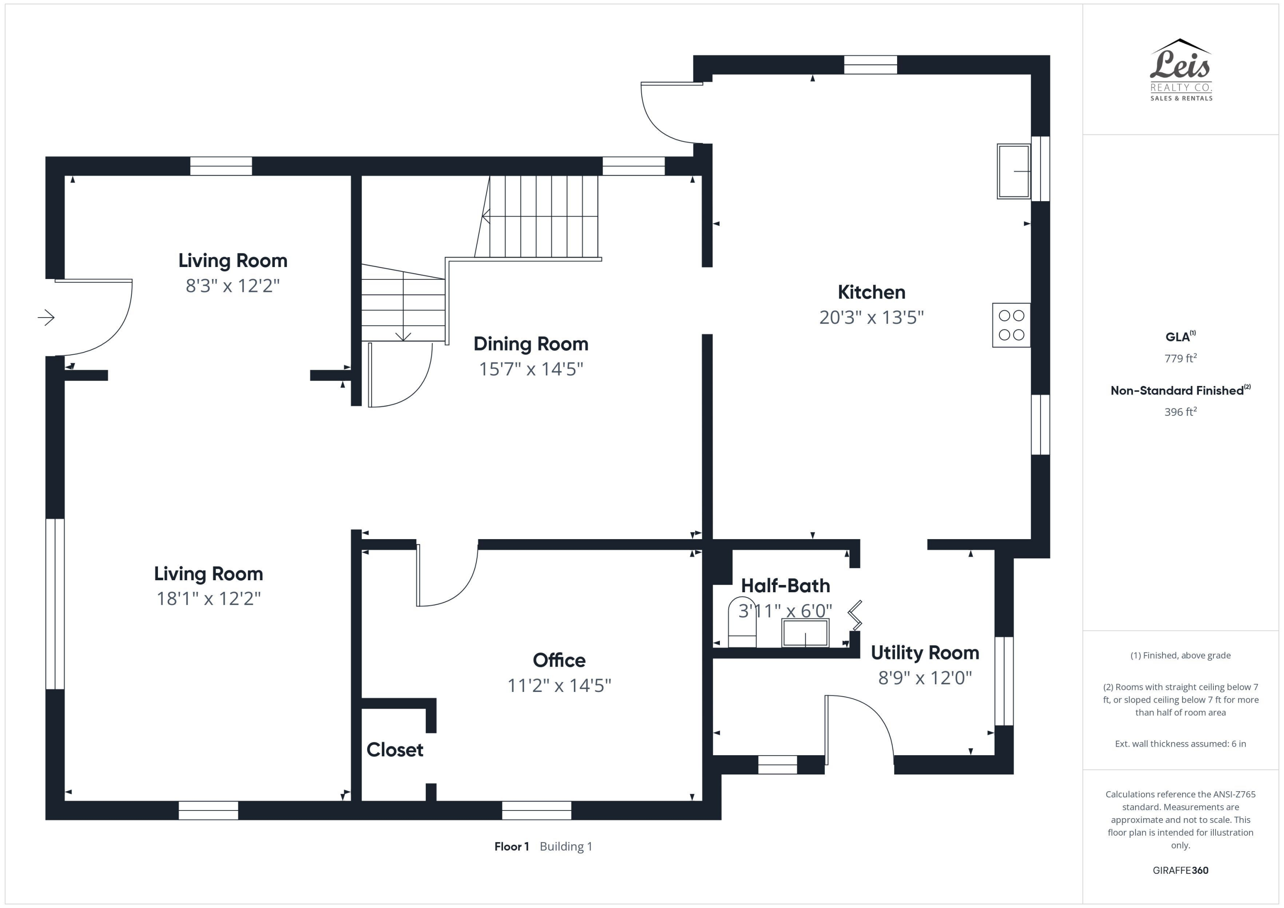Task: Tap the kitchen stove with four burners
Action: tap(1011, 325)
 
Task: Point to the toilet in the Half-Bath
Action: tap(742, 623)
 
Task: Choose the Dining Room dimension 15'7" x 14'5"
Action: tap(531, 369)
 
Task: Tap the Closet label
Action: tap(395, 750)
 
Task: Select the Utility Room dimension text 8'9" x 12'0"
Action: tap(924, 678)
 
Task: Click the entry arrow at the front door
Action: tap(46, 318)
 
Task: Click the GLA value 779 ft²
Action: tap(1180, 359)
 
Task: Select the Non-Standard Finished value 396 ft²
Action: tap(1180, 412)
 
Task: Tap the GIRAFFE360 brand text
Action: tap(1180, 870)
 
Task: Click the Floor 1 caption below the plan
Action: tap(511, 846)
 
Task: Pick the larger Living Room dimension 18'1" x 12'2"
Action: tap(208, 599)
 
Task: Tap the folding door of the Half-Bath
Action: tap(855, 615)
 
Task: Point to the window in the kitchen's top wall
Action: tap(870, 65)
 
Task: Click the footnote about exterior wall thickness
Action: tap(1180, 744)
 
